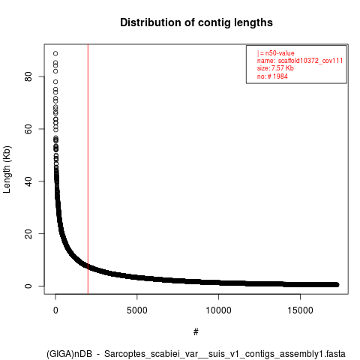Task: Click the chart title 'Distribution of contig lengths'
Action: (x=196, y=22)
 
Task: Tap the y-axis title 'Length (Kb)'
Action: (x=7, y=169)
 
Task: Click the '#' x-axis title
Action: (x=196, y=332)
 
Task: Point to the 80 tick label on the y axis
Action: (x=28, y=76)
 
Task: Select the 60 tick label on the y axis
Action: (x=28, y=129)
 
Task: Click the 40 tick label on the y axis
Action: (x=28, y=181)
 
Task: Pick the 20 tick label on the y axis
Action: (x=28, y=233)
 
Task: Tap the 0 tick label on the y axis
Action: (x=28, y=286)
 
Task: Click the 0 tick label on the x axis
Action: (x=55, y=310)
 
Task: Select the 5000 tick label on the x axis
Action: (x=137, y=310)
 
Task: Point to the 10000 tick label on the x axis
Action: (x=218, y=310)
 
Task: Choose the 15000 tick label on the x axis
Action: (x=300, y=310)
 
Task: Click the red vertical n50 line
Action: (x=88, y=169)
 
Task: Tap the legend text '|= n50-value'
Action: (x=276, y=53)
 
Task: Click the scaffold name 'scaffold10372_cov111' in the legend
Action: (x=310, y=61)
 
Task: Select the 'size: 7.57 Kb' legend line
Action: (x=275, y=68)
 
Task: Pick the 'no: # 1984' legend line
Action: (x=272, y=76)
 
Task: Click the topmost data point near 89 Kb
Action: (x=55, y=53)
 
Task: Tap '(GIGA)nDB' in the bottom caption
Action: (x=69, y=354)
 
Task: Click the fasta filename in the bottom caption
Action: (x=225, y=354)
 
